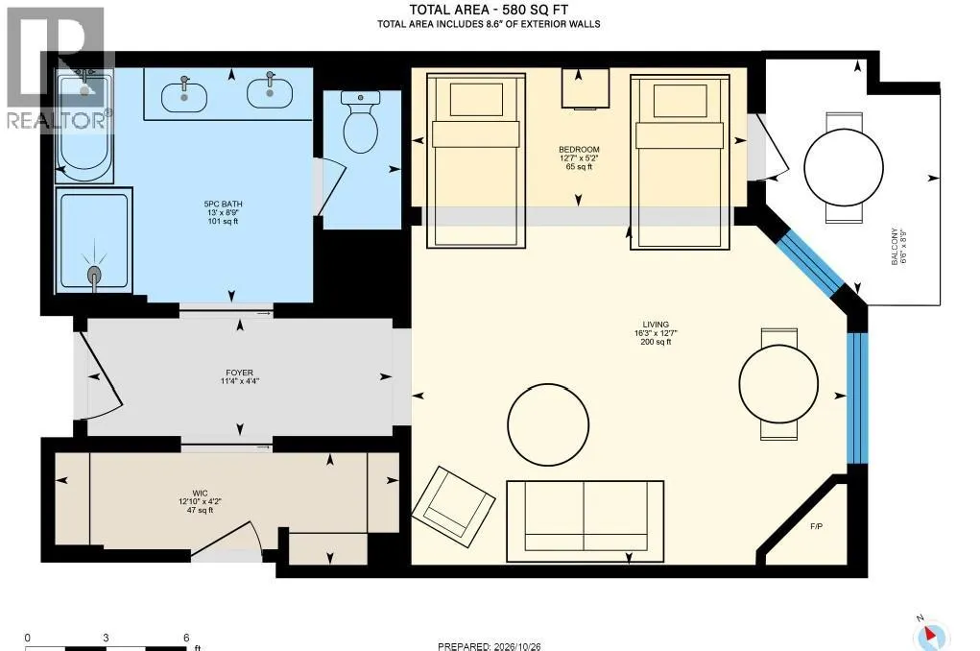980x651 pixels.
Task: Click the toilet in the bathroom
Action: point(361,122)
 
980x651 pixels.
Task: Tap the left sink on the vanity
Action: point(184,97)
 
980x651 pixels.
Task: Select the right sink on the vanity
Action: point(270,93)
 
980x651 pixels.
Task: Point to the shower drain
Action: point(94,276)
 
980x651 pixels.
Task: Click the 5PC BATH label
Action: point(223,212)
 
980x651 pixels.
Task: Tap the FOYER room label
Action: point(239,376)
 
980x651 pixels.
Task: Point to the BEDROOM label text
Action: point(579,150)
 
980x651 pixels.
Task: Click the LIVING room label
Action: point(656,332)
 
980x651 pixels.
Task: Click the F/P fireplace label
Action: point(816,526)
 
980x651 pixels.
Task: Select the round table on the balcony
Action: point(844,168)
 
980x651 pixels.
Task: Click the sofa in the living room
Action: point(585,516)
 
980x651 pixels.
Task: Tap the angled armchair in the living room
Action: point(453,503)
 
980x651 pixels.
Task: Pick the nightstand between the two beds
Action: point(585,88)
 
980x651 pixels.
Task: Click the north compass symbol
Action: point(931,635)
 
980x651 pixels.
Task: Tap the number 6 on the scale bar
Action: point(186,638)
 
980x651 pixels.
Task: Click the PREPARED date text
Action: point(489,646)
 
